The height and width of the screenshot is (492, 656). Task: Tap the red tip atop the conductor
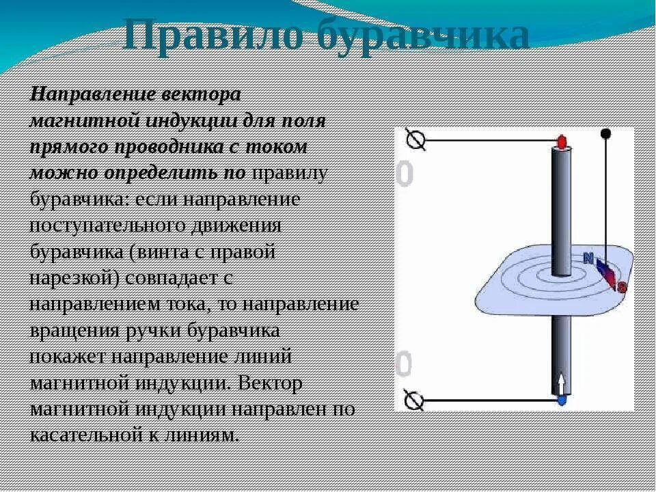pyautogui.click(x=562, y=142)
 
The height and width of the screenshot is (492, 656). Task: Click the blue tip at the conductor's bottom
pyautogui.click(x=562, y=400)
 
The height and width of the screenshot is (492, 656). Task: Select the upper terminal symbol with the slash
pyautogui.click(x=416, y=140)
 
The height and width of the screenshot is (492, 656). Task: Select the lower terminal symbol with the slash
pyautogui.click(x=414, y=400)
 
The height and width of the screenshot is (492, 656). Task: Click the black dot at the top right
pyautogui.click(x=605, y=134)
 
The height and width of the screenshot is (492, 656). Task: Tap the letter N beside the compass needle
pyautogui.click(x=590, y=258)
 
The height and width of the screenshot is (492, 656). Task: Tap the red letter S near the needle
pyautogui.click(x=622, y=287)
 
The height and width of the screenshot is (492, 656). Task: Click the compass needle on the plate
pyautogui.click(x=606, y=273)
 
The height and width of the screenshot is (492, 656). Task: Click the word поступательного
pyautogui.click(x=107, y=226)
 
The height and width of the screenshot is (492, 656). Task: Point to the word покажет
pyautogui.click(x=68, y=357)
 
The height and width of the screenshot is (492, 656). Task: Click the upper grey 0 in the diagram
pyautogui.click(x=405, y=174)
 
